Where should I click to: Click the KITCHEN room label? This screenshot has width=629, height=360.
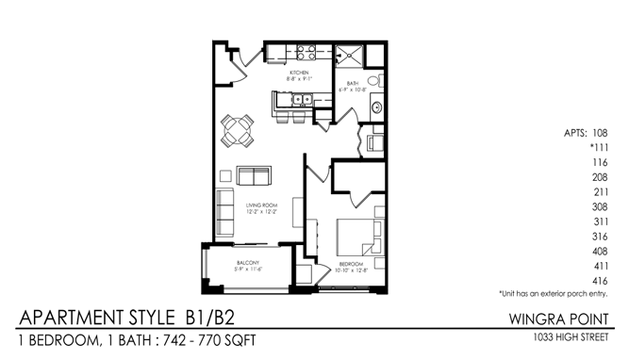pos(300,73)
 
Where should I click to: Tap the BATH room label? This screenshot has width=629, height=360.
pos(353,84)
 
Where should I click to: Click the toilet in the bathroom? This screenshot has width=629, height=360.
pos(373,82)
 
